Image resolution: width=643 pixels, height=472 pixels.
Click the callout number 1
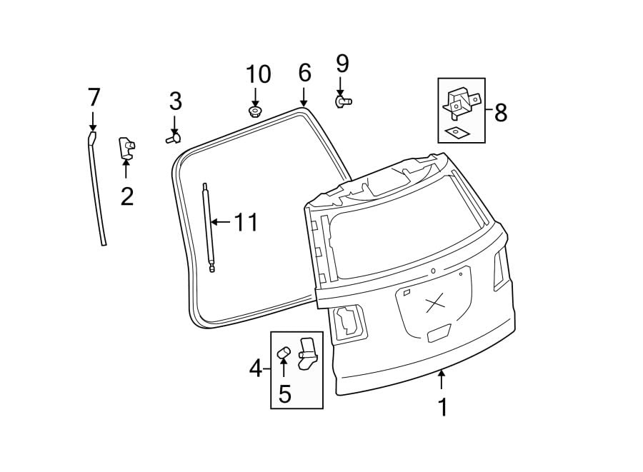point(442,407)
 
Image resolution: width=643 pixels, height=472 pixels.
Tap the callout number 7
point(94,96)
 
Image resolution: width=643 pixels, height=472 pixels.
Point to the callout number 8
point(500,112)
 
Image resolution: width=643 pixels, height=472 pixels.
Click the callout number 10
point(259,74)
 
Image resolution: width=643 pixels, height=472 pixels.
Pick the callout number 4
point(255,368)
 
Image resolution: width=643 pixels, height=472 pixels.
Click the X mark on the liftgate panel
point(434,305)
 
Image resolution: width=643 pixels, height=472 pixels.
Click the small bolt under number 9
point(343,102)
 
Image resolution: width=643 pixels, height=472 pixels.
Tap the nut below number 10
point(254,111)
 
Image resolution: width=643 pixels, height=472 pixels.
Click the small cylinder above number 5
point(283,351)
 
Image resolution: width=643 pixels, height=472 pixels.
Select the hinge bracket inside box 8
point(461,103)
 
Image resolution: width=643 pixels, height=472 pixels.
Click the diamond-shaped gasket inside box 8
point(452,131)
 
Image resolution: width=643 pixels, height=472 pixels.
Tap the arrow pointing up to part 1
point(442,379)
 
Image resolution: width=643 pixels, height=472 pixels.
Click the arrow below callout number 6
point(304,96)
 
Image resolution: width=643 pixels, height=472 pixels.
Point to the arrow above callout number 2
point(126,170)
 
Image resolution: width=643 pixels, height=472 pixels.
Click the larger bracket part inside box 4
point(307,353)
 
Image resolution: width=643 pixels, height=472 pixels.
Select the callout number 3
point(175,101)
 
